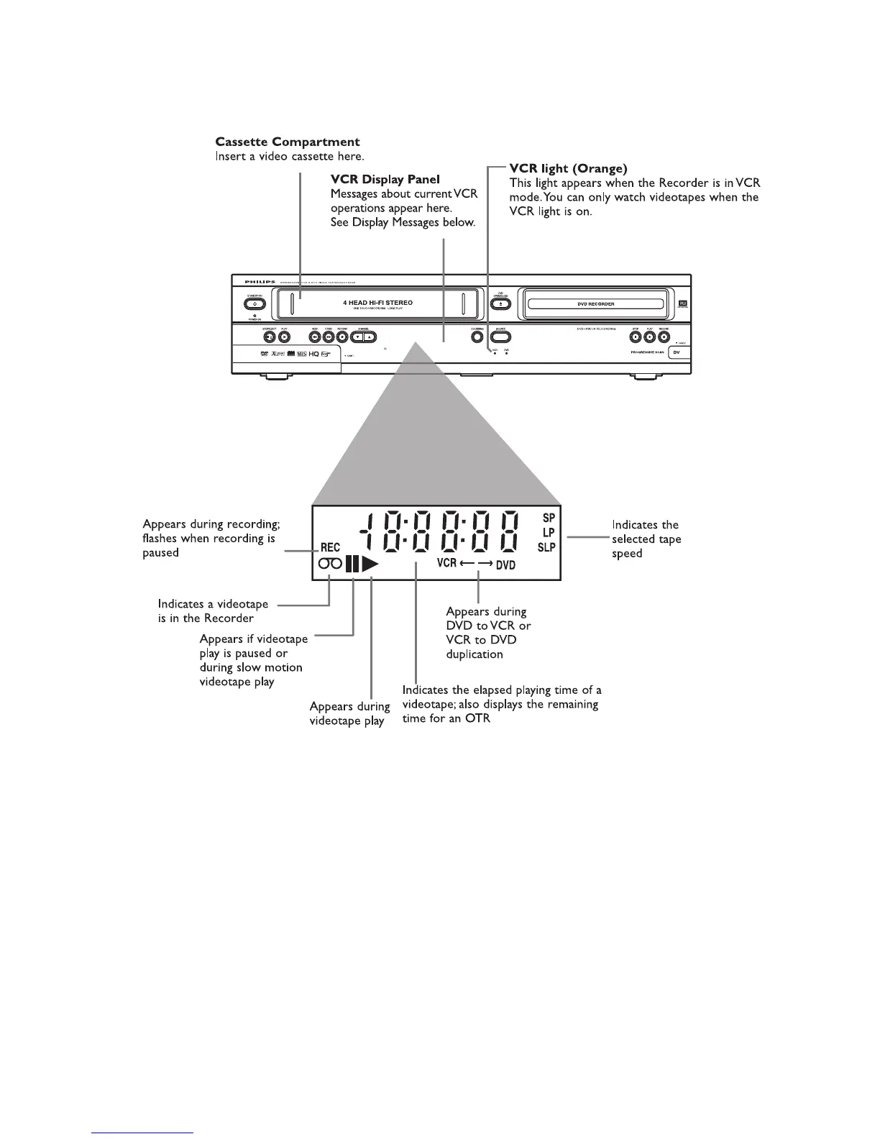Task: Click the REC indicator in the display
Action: point(330,548)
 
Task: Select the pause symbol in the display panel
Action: point(352,564)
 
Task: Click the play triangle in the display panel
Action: point(370,564)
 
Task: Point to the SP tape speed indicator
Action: point(549,518)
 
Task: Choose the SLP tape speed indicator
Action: point(546,548)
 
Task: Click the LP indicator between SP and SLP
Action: point(549,533)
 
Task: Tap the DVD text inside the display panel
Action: point(505,565)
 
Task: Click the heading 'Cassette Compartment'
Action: point(288,142)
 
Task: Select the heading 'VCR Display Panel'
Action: point(385,179)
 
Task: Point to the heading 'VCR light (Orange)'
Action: point(568,168)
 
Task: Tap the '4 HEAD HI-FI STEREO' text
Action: point(377,303)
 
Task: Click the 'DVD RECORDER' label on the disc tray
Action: point(596,304)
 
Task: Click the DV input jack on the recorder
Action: point(677,352)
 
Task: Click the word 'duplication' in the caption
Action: point(475,654)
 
